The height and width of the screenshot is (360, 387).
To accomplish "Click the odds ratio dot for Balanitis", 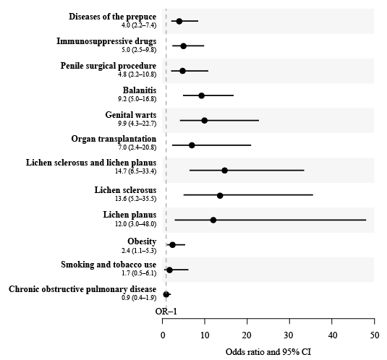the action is pyautogui.click(x=201, y=95).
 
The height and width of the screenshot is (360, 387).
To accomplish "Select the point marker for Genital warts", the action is pyautogui.click(x=205, y=121).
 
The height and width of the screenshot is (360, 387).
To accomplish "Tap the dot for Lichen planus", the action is pyautogui.click(x=213, y=220).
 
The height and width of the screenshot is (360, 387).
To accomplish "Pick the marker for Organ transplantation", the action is pyautogui.click(x=192, y=145).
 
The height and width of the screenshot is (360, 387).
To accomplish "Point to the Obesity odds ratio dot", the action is pyautogui.click(x=172, y=245).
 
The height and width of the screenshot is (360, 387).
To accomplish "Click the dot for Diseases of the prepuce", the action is pyautogui.click(x=179, y=21).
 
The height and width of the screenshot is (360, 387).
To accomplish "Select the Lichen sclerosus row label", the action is pyautogui.click(x=125, y=190).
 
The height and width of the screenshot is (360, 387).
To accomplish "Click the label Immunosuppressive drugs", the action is pyautogui.click(x=106, y=41).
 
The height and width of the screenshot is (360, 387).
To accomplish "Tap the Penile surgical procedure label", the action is pyautogui.click(x=109, y=66).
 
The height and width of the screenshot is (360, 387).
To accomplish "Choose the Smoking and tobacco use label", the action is pyautogui.click(x=109, y=265).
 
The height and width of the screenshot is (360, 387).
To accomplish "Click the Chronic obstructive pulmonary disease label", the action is pyautogui.click(x=82, y=289).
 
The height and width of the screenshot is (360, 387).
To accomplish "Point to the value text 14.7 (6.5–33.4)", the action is pyautogui.click(x=135, y=171).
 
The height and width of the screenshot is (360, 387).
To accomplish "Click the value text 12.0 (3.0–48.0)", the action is pyautogui.click(x=135, y=224).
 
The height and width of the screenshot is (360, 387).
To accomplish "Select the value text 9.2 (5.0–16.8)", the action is pyautogui.click(x=137, y=99).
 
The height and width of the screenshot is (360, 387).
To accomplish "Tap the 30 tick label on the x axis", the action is pyautogui.click(x=289, y=335).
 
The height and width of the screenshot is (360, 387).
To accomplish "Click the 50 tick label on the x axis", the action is pyautogui.click(x=375, y=335).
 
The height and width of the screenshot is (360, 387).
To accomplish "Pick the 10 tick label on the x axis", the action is pyautogui.click(x=205, y=335).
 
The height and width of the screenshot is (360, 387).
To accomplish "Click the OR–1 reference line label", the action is pyautogui.click(x=166, y=312).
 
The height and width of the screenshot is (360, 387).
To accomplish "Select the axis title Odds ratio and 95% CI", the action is pyautogui.click(x=268, y=352).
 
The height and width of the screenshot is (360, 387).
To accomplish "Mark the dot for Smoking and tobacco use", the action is pyautogui.click(x=169, y=270).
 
